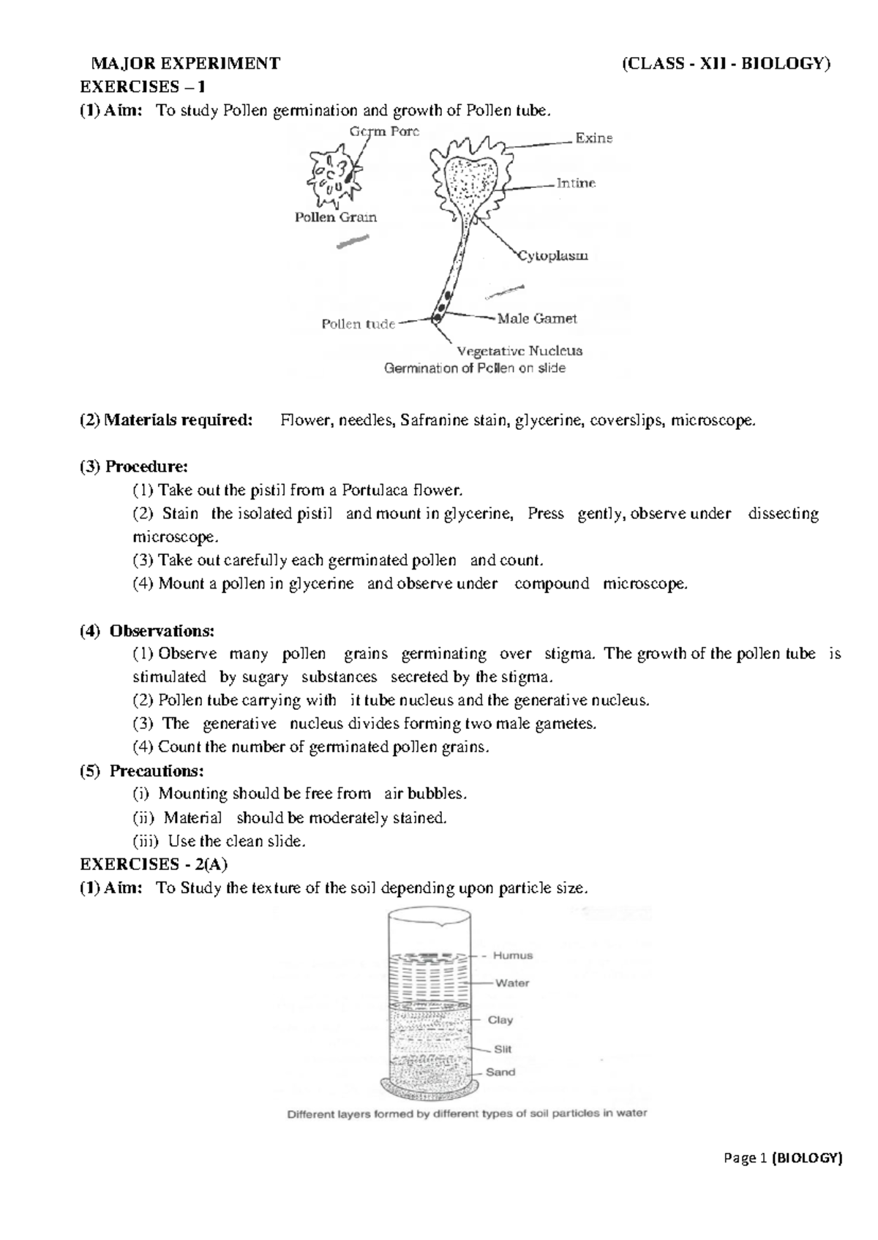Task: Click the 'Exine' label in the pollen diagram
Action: (593, 138)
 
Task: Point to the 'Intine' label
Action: (576, 184)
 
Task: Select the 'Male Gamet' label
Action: (537, 319)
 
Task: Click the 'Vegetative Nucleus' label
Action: (519, 350)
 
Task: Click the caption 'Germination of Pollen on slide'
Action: (475, 368)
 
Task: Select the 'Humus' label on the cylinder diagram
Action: (512, 955)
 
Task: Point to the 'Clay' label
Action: (500, 1019)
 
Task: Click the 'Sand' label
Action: (500, 1072)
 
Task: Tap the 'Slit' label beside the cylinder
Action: (503, 1048)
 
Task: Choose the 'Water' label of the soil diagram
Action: (512, 983)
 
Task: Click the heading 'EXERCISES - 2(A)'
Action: (154, 864)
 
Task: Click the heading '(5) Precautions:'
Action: (142, 771)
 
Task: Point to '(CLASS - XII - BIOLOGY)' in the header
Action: (726, 64)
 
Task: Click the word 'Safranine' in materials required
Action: (432, 420)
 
